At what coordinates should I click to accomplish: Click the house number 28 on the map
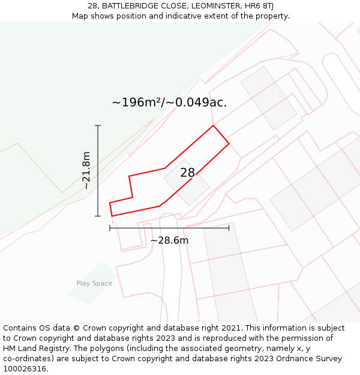click(x=187, y=173)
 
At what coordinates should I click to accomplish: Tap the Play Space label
click(x=94, y=283)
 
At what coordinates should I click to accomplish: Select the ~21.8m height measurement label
click(x=86, y=170)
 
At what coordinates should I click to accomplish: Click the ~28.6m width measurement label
click(x=169, y=240)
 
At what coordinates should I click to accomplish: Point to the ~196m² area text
click(x=137, y=103)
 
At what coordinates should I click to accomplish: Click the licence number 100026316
click(x=25, y=369)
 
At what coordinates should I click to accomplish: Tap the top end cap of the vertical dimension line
click(x=98, y=125)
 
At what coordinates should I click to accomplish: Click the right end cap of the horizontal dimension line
click(x=229, y=228)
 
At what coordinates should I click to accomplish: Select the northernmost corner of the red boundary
click(x=213, y=125)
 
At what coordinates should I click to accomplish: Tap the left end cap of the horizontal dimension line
click(x=110, y=228)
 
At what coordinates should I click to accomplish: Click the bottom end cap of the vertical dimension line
click(x=98, y=216)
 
